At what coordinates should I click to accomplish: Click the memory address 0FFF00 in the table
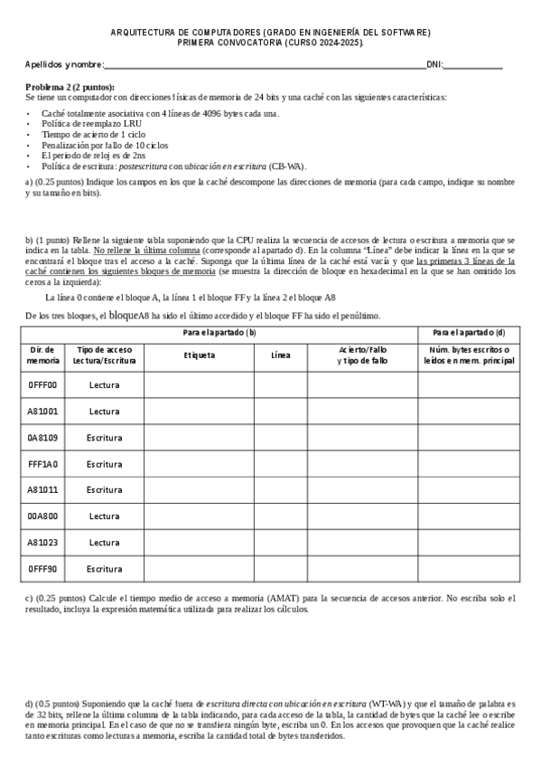pyautogui.click(x=42, y=384)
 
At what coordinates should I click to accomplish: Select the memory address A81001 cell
pyautogui.click(x=42, y=411)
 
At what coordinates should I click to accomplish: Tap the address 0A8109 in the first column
pyautogui.click(x=42, y=437)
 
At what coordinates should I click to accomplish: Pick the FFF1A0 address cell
pyautogui.click(x=42, y=463)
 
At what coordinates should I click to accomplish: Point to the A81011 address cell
pyautogui.click(x=42, y=489)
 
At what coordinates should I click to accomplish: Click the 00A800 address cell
pyautogui.click(x=42, y=516)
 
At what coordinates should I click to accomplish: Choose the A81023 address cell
pyautogui.click(x=42, y=543)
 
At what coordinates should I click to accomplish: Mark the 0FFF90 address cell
pyautogui.click(x=42, y=569)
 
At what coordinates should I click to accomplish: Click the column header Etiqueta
pyautogui.click(x=199, y=355)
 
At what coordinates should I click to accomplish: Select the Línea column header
pyautogui.click(x=281, y=355)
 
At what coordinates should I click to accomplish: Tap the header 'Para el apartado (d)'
pyautogui.click(x=468, y=333)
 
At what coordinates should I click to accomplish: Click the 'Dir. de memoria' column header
pyautogui.click(x=42, y=355)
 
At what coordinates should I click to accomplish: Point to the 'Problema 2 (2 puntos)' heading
pyautogui.click(x=70, y=85)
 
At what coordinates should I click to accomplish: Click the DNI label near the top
pyautogui.click(x=433, y=65)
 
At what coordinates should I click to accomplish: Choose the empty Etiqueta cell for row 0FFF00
pyautogui.click(x=199, y=384)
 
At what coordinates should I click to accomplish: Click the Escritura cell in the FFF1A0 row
pyautogui.click(x=105, y=463)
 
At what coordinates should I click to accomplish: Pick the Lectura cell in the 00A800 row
pyautogui.click(x=105, y=516)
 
